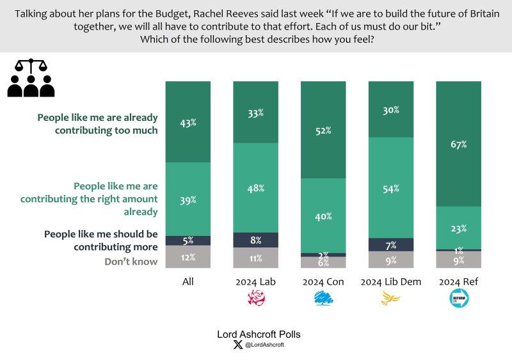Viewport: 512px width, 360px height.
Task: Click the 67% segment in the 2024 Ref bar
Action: [458, 144]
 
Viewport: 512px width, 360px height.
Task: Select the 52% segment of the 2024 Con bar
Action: [323, 130]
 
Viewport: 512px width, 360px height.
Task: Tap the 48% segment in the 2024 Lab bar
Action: [255, 188]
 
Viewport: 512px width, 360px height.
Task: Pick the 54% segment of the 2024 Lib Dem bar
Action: [391, 188]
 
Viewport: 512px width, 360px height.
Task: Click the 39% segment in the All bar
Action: [188, 199]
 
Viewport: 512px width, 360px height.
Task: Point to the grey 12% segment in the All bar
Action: [188, 256]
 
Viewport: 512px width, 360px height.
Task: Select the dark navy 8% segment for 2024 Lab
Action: [255, 240]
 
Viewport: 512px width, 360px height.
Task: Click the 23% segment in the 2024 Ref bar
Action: [458, 228]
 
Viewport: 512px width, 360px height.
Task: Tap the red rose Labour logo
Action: [255, 298]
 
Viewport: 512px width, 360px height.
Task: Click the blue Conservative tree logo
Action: [323, 298]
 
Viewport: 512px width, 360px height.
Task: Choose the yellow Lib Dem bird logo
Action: [391, 298]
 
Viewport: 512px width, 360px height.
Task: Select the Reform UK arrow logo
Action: [458, 298]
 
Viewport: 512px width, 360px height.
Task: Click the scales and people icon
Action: [31, 78]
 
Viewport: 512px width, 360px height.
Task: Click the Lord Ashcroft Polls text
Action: [255, 334]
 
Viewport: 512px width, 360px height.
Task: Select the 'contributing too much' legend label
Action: [97, 123]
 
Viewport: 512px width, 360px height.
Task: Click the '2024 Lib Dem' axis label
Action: [391, 281]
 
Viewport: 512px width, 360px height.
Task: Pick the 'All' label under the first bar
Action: [188, 281]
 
